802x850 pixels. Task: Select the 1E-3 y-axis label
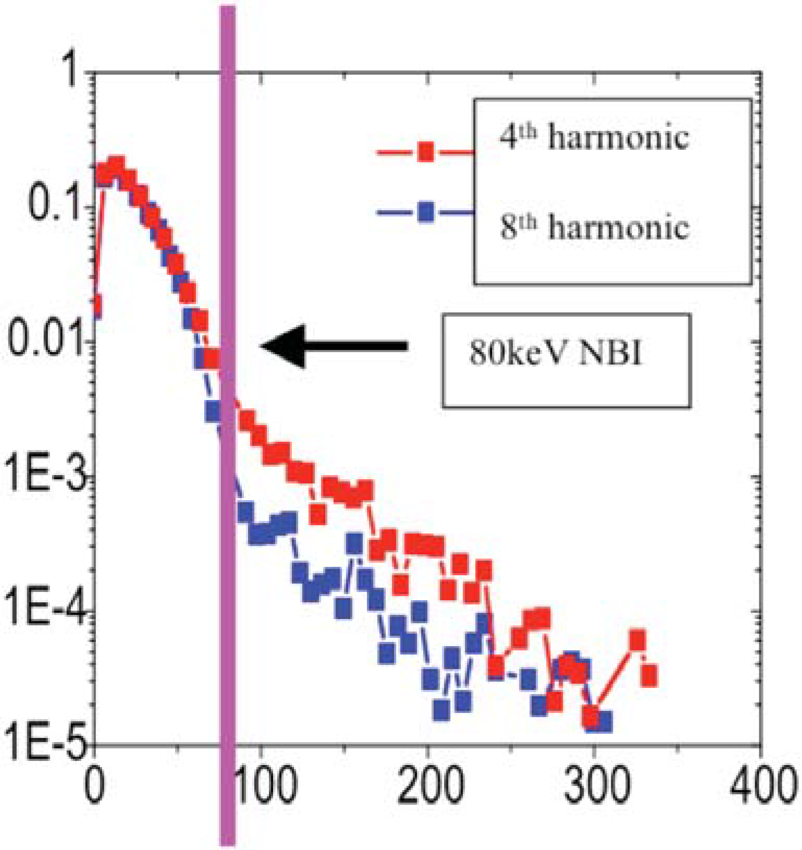44,476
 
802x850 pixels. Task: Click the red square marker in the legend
426,152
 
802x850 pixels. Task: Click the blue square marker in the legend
426,213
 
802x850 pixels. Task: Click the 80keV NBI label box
566,360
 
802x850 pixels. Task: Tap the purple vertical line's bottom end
228,841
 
